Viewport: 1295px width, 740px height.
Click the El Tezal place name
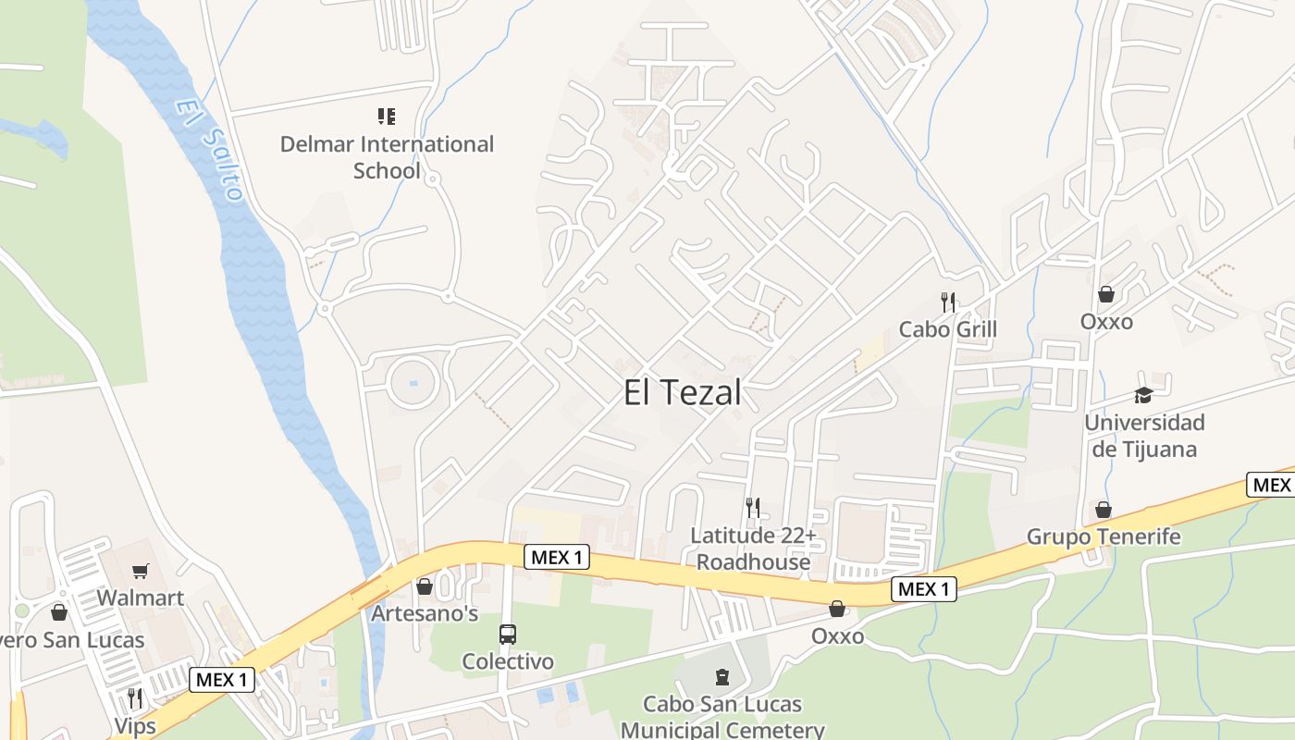tap(683, 393)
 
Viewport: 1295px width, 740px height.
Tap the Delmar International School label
tap(387, 157)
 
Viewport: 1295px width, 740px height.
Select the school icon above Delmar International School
tap(387, 117)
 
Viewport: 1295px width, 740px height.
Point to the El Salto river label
tap(212, 150)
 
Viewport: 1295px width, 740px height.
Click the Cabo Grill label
tap(948, 329)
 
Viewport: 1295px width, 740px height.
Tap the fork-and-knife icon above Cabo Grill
tap(947, 302)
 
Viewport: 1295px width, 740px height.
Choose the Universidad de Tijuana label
tap(1144, 436)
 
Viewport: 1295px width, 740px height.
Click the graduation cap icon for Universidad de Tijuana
tap(1144, 395)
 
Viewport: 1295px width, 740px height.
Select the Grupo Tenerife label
tap(1104, 536)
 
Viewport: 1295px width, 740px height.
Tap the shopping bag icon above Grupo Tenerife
tap(1104, 510)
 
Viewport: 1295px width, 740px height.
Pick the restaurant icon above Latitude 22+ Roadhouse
tap(753, 508)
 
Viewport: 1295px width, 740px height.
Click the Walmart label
tap(141, 598)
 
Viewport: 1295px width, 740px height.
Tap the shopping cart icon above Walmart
tap(141, 571)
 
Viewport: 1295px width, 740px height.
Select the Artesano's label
tap(425, 613)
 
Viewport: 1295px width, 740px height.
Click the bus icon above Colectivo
tap(508, 635)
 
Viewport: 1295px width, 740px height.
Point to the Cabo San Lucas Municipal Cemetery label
tap(722, 717)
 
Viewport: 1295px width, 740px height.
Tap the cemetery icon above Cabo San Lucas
tap(722, 677)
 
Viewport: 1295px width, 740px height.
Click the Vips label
tap(135, 725)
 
